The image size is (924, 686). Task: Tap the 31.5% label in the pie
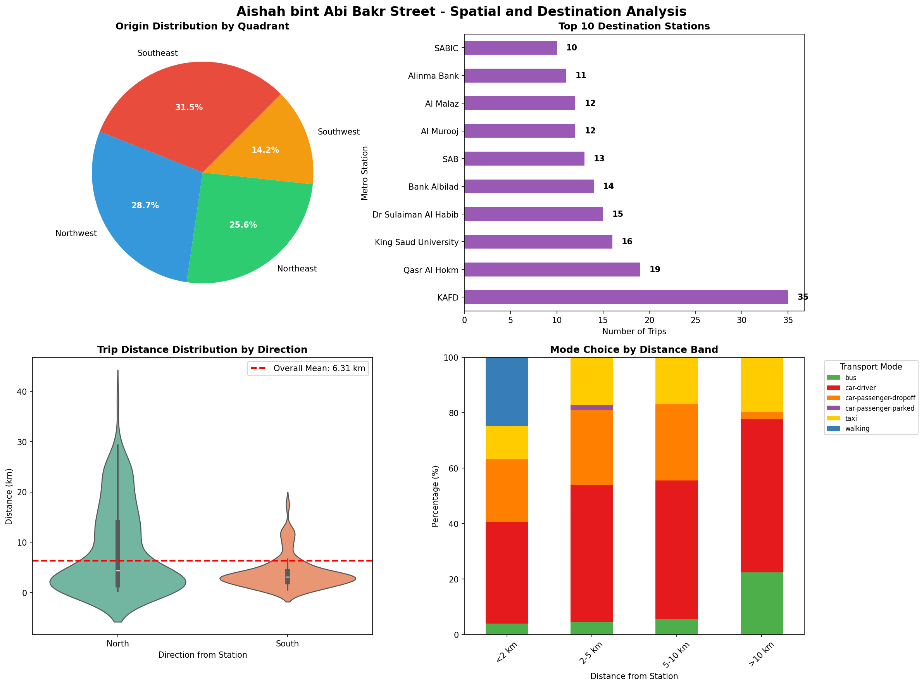189,107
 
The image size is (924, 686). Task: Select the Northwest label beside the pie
76,234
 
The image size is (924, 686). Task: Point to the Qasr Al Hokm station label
431,270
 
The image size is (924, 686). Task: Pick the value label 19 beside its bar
655,270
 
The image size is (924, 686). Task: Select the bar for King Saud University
538,242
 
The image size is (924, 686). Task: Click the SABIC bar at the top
510,48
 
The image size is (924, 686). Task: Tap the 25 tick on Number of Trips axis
695,320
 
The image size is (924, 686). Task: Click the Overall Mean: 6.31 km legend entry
308,369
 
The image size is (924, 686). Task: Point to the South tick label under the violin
287,644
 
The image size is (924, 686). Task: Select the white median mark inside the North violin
118,571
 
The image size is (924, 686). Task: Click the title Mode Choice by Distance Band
633,350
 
